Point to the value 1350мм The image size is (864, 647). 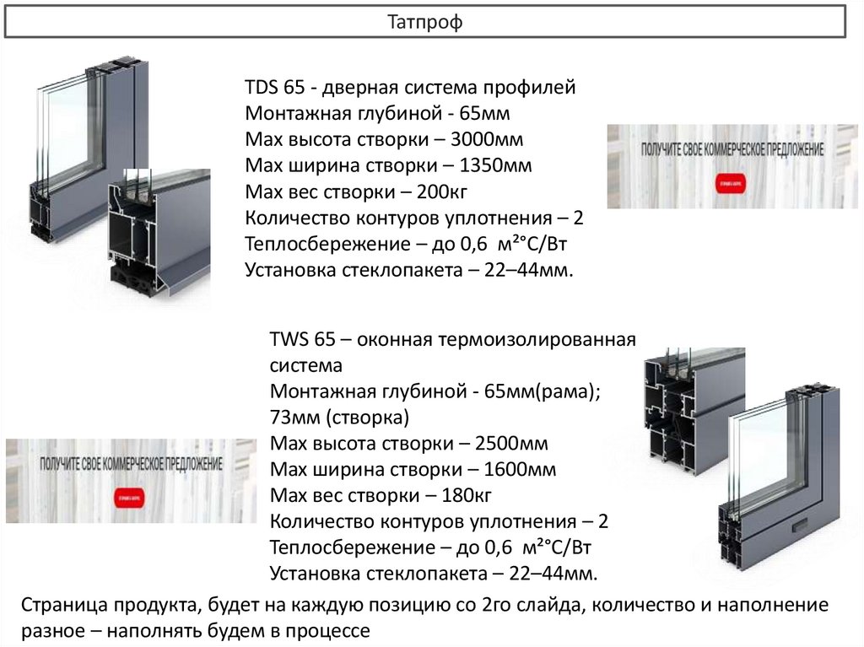[496, 165]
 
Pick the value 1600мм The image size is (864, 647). [521, 470]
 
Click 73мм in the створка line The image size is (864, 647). [294, 418]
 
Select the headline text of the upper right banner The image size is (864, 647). [732, 148]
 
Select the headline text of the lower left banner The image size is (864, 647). [131, 465]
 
